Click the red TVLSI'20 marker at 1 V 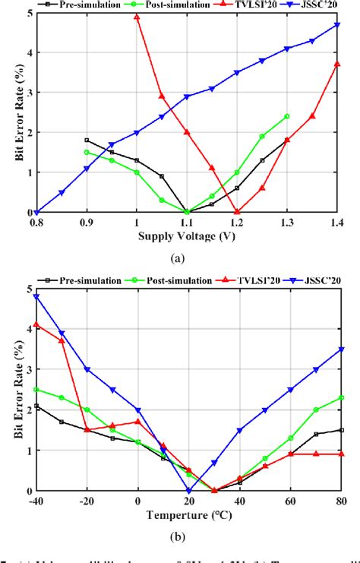click(137, 17)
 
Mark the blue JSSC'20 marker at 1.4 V click(337, 25)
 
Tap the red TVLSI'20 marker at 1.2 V click(237, 212)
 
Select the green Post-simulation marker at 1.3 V click(287, 116)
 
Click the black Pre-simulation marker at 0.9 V click(87, 141)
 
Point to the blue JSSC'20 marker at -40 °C click(36, 297)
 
